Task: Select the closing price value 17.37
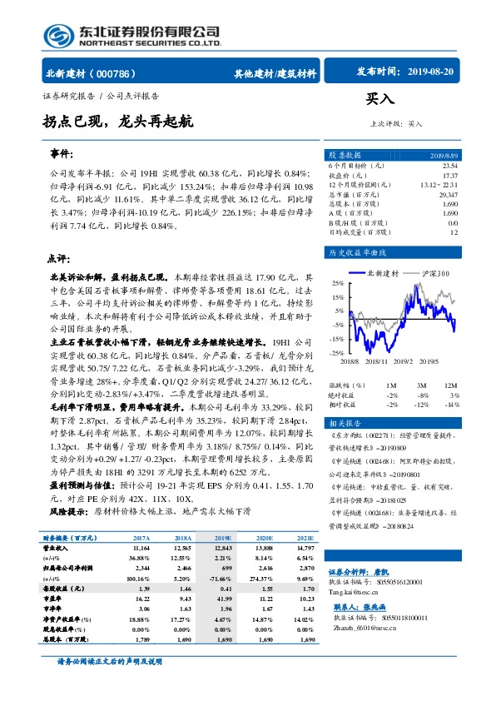[449, 176]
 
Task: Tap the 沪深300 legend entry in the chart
[434, 272]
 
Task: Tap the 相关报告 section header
[344, 423]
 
